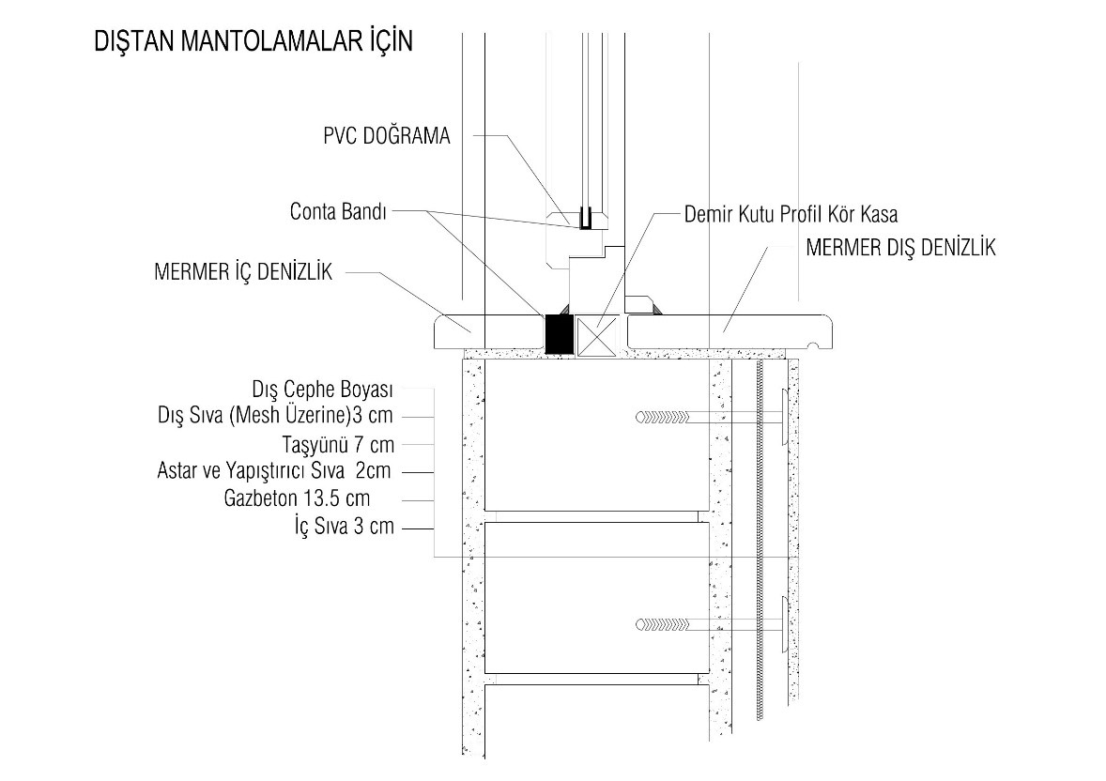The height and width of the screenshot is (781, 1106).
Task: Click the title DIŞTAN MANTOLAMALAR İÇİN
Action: pyautogui.click(x=253, y=41)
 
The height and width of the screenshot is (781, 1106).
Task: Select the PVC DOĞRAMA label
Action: pyautogui.click(x=387, y=135)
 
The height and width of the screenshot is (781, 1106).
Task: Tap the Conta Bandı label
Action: pyautogui.click(x=338, y=211)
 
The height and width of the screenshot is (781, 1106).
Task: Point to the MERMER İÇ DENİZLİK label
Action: pyautogui.click(x=242, y=271)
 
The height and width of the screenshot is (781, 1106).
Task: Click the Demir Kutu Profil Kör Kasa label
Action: pyautogui.click(x=791, y=214)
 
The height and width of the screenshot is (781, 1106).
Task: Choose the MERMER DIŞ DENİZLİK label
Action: pyautogui.click(x=900, y=247)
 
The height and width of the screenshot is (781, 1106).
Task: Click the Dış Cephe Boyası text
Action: pyautogui.click(x=322, y=390)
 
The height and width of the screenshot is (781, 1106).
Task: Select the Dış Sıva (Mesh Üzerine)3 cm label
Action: pyautogui.click(x=275, y=415)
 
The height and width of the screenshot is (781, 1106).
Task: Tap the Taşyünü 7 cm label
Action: pyautogui.click(x=338, y=444)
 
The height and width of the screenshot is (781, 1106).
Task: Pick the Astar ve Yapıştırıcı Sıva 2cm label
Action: pyautogui.click(x=273, y=470)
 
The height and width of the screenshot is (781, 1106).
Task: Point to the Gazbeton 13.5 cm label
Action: pyautogui.click(x=297, y=498)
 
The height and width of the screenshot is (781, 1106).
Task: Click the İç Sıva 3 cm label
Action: pyautogui.click(x=345, y=527)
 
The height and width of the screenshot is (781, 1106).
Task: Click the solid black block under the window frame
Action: pyautogui.click(x=559, y=333)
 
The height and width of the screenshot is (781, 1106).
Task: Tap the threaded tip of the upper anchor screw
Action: pyautogui.click(x=662, y=417)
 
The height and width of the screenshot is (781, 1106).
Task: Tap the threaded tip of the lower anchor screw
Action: pyautogui.click(x=662, y=624)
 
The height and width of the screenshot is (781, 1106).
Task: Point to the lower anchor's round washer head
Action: pyautogui.click(x=784, y=624)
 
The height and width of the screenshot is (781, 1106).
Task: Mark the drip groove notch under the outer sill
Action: pyautogui.click(x=812, y=345)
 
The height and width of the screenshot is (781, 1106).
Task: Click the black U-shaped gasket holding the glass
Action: pyautogui.click(x=585, y=218)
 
